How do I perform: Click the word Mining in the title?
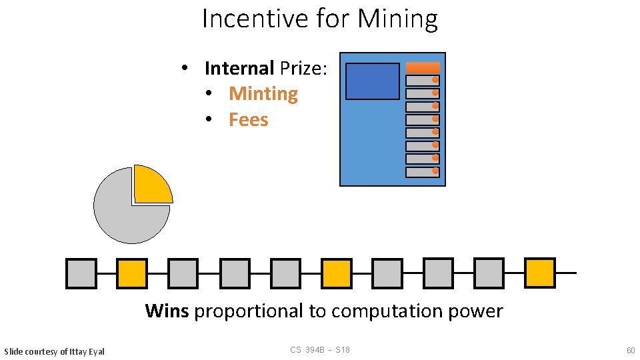397,19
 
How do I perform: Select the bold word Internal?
239,68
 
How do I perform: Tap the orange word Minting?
263,94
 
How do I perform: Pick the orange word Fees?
248,120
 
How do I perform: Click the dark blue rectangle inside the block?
373,81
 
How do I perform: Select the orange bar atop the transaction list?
423,67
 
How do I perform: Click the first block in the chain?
81,273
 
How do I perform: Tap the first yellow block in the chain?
132,273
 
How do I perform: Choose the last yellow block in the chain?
539,273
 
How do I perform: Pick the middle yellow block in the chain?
337,273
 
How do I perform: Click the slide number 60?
631,351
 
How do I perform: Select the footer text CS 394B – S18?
320,350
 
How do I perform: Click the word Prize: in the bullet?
303,68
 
